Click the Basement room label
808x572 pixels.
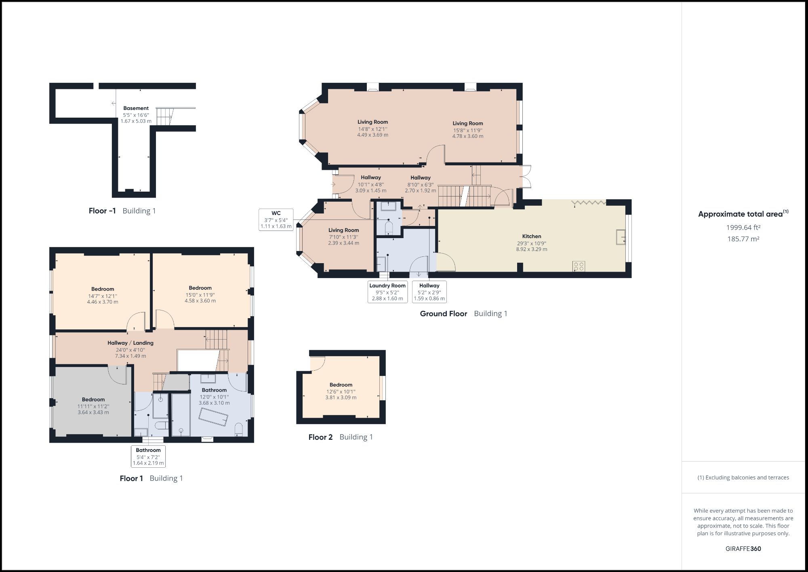136,108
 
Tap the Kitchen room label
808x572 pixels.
531,236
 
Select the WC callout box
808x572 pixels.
276,220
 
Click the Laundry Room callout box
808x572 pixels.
387,292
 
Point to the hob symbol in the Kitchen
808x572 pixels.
579,266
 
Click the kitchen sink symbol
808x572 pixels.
621,237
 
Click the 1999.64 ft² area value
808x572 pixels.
743,228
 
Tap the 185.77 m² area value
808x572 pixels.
743,239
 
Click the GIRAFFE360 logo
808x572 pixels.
743,549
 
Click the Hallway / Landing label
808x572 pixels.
130,343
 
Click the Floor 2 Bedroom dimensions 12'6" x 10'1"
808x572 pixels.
341,391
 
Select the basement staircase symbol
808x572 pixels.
164,116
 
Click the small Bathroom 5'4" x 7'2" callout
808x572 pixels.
148,456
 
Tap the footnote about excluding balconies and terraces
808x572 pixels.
743,477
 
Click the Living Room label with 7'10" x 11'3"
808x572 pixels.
343,230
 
